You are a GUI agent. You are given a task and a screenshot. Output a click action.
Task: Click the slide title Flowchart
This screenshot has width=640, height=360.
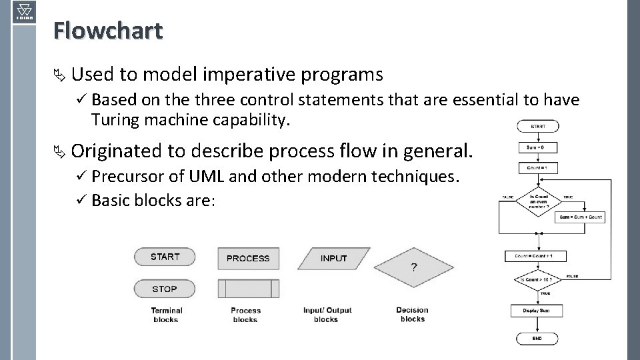108,30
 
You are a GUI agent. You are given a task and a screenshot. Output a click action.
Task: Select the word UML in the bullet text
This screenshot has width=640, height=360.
208,177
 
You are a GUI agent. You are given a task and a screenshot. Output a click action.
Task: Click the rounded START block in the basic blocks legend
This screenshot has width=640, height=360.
165,257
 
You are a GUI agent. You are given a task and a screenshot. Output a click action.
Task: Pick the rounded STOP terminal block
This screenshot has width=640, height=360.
165,289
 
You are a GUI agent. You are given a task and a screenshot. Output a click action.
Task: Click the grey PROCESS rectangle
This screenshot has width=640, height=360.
248,259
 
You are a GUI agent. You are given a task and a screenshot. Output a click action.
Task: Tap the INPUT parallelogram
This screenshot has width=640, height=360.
333,259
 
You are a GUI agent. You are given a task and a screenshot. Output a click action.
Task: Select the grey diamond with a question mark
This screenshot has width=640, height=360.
414,268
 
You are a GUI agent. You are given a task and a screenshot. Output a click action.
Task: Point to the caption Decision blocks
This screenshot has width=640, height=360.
412,314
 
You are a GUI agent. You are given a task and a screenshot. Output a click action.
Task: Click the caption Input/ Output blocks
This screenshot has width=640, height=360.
327,315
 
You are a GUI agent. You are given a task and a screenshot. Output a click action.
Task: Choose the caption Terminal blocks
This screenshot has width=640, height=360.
166,315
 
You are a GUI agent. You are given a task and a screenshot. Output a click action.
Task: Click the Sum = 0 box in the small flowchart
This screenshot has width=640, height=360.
537,147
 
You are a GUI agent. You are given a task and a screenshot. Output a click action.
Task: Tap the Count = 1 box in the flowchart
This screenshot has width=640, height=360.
537,168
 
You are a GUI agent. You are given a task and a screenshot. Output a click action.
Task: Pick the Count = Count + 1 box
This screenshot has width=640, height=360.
537,256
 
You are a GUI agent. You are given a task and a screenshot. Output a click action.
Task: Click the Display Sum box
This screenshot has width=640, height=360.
537,311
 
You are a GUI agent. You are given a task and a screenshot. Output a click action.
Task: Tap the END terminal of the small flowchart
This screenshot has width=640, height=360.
537,338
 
